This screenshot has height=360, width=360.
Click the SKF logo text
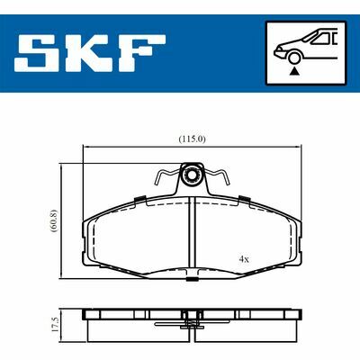pyautogui.click(x=90, y=53)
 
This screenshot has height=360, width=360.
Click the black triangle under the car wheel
pyautogui.click(x=295, y=71)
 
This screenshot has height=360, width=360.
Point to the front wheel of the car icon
pyautogui.click(x=294, y=58)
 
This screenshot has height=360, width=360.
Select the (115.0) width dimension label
pyautogui.click(x=192, y=139)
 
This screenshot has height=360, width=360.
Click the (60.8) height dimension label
pyautogui.click(x=54, y=221)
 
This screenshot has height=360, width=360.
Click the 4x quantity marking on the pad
pyautogui.click(x=244, y=259)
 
